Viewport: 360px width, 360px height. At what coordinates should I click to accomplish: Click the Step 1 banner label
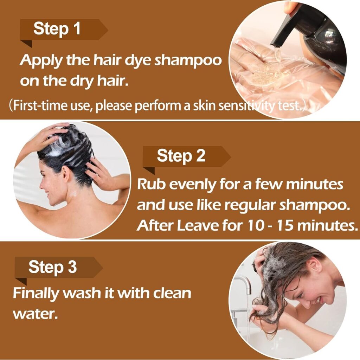57,29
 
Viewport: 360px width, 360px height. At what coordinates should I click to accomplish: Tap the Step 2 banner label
181,156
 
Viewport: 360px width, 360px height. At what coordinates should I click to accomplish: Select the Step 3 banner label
52,267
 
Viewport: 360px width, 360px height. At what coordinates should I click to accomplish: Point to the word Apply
38,61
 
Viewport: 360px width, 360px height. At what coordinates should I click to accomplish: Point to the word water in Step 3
34,313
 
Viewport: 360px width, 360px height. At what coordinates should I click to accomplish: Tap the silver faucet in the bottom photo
242,285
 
